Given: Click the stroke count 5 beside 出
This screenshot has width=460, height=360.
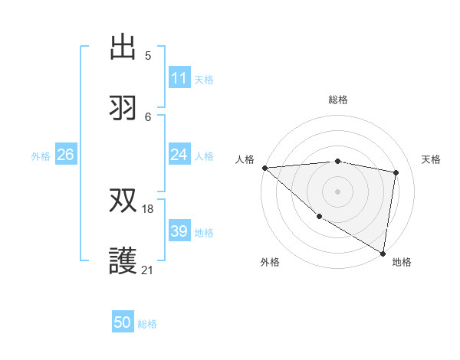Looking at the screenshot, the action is [148, 55].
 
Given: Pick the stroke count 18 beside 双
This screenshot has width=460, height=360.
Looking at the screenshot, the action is [148, 208].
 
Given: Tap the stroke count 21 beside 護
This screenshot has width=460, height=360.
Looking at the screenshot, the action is [148, 270].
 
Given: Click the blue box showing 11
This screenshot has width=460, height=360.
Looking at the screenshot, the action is [179, 78].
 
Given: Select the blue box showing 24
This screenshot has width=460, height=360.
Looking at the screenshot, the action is [179, 155].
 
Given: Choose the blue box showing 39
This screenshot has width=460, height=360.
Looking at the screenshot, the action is [179, 231].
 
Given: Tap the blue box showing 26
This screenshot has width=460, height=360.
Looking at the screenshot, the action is [65, 155].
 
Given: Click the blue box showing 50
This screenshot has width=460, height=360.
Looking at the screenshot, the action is [123, 322].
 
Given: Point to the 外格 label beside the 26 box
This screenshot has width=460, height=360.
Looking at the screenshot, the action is [41, 155].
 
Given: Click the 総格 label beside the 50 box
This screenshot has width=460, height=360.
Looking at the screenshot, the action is [147, 324].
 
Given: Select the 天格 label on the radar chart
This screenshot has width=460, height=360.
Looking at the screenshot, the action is [432, 159].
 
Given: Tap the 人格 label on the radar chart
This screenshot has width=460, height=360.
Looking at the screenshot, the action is [244, 159].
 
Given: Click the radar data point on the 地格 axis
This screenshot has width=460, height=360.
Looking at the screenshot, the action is [383, 253].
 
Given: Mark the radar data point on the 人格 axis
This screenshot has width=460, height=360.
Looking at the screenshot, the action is [264, 168].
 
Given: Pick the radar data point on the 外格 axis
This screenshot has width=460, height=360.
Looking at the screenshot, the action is [319, 216].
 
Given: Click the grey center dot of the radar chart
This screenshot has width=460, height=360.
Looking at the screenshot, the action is [337, 191].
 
